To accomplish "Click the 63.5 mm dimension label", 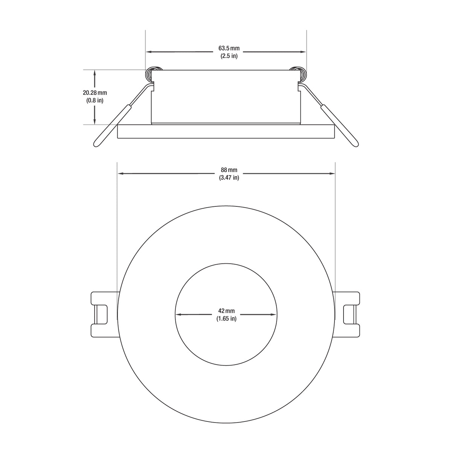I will click(x=229, y=49).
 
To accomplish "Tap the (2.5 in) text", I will click(x=229, y=56).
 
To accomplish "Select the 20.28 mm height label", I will click(x=95, y=93).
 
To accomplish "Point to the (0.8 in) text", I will click(x=95, y=100).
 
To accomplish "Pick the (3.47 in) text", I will click(x=229, y=177).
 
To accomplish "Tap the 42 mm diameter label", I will click(x=226, y=311).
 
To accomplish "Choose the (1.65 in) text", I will click(x=226, y=319).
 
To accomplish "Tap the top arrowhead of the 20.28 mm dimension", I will click(x=95, y=72).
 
